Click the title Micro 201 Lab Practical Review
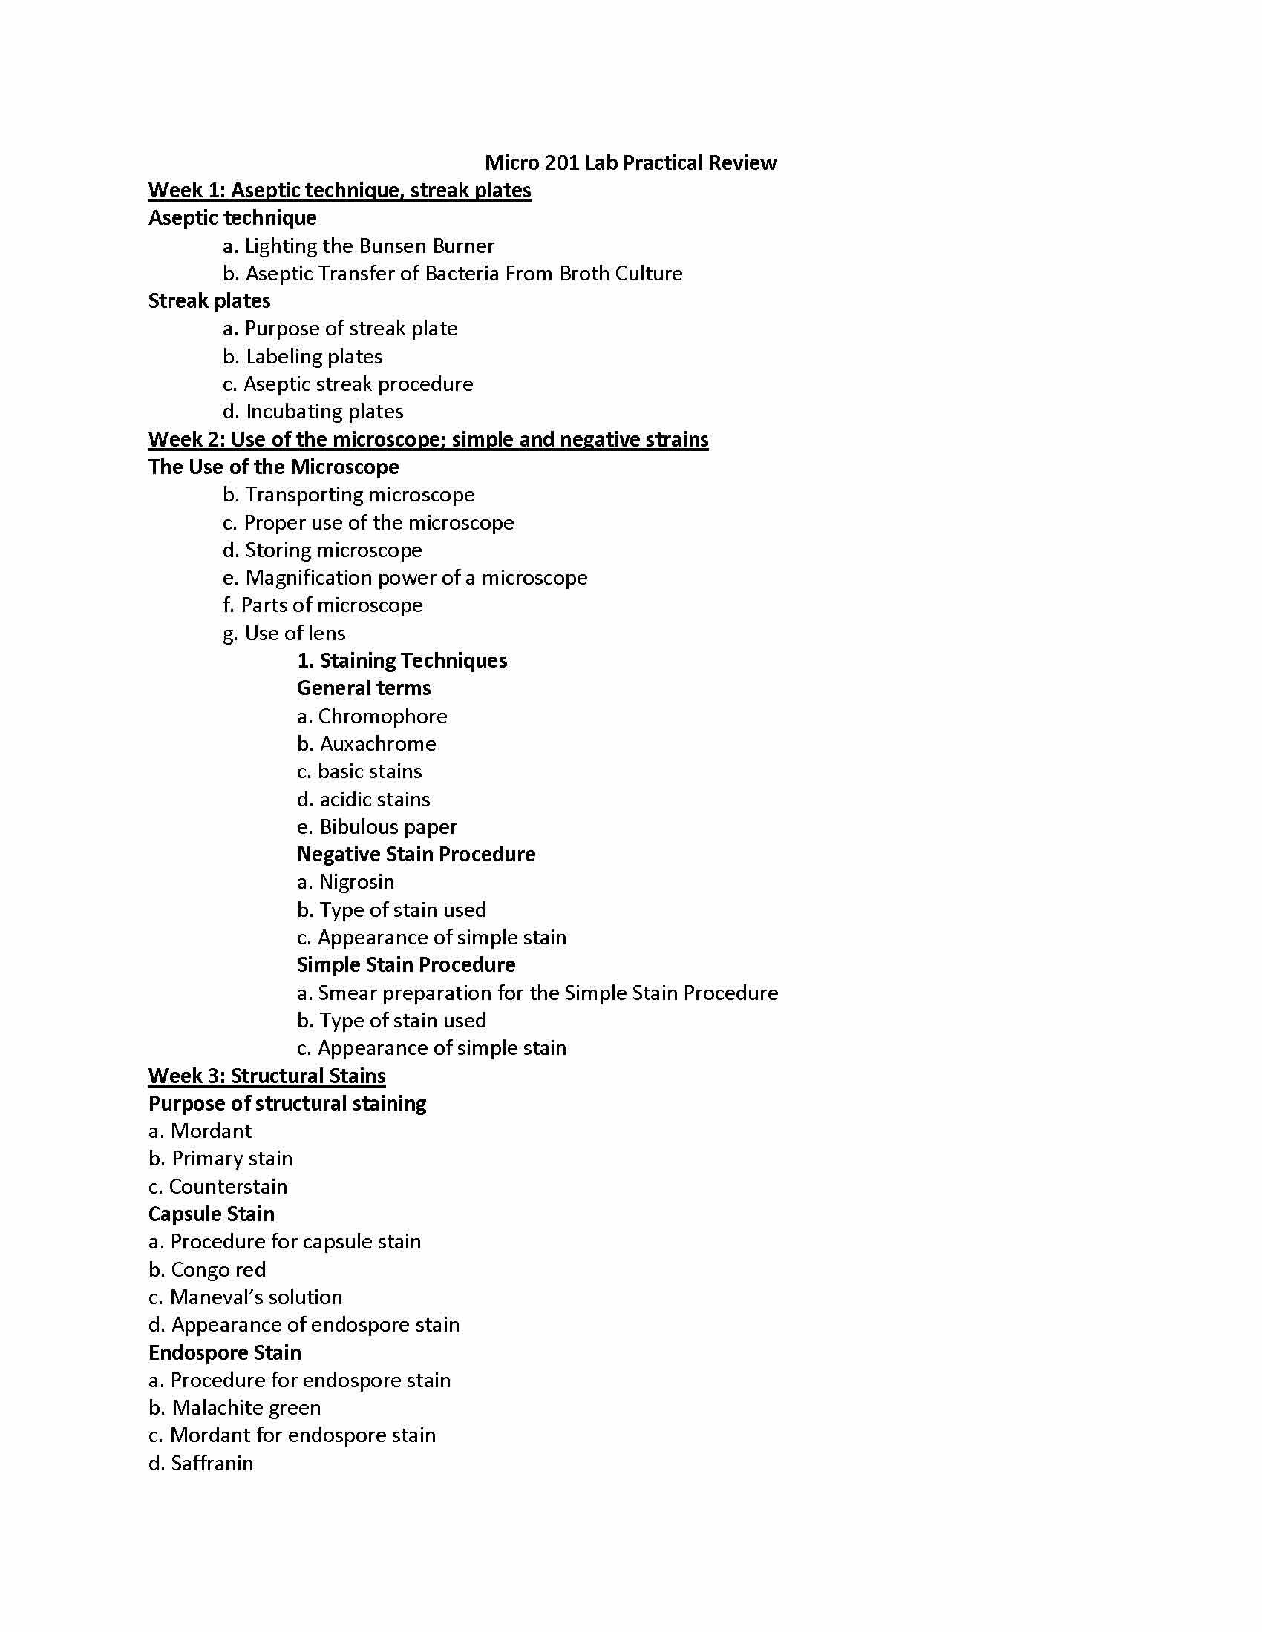630,163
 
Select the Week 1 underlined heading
339,191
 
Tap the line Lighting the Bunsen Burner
359,246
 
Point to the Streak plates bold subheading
209,301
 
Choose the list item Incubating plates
313,412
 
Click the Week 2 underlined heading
428,439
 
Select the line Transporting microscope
349,495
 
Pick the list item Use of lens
284,634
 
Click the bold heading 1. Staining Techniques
402,660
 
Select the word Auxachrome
378,744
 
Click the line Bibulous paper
377,827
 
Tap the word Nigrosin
356,883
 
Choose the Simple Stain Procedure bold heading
406,964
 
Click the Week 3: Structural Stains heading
267,1076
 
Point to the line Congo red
207,1269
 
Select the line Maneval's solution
245,1297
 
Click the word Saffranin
212,1463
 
